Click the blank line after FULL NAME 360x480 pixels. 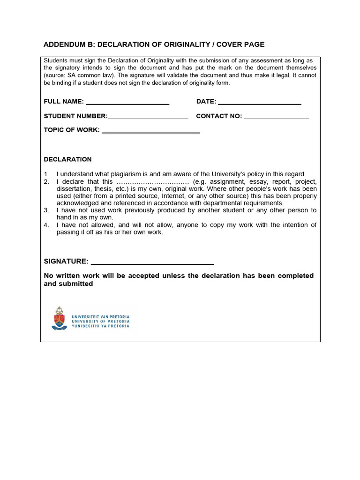click(127, 102)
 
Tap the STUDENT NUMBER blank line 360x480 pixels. click(148, 117)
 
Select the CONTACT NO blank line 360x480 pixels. click(276, 117)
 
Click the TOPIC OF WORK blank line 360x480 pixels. click(150, 131)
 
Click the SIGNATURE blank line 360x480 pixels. click(152, 262)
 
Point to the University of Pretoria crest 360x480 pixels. click(59, 319)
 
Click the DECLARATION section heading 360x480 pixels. click(67, 159)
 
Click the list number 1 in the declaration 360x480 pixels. click(46, 174)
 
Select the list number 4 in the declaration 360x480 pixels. click(46, 225)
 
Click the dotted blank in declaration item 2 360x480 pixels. click(152, 182)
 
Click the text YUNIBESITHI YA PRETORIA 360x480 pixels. click(100, 325)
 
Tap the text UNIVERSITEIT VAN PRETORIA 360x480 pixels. click(100, 317)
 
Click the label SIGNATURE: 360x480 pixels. click(66, 261)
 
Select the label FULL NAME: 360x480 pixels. click(64, 102)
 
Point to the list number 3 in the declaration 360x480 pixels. click(46, 210)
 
